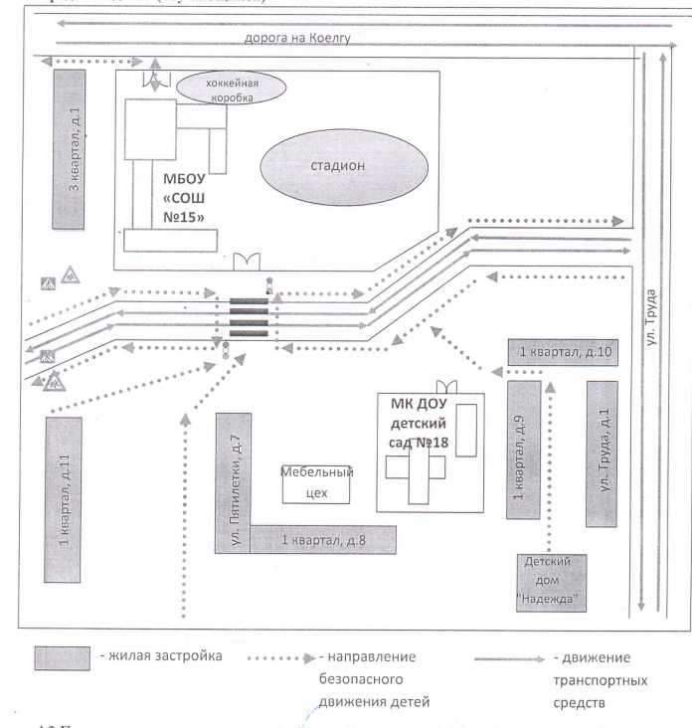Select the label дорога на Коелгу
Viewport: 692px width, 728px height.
(x=298, y=39)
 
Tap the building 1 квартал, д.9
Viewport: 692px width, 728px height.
(x=523, y=450)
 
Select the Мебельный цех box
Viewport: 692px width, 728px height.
(x=318, y=483)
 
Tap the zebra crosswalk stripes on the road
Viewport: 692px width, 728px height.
(x=248, y=318)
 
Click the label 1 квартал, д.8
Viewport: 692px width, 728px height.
(x=325, y=540)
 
